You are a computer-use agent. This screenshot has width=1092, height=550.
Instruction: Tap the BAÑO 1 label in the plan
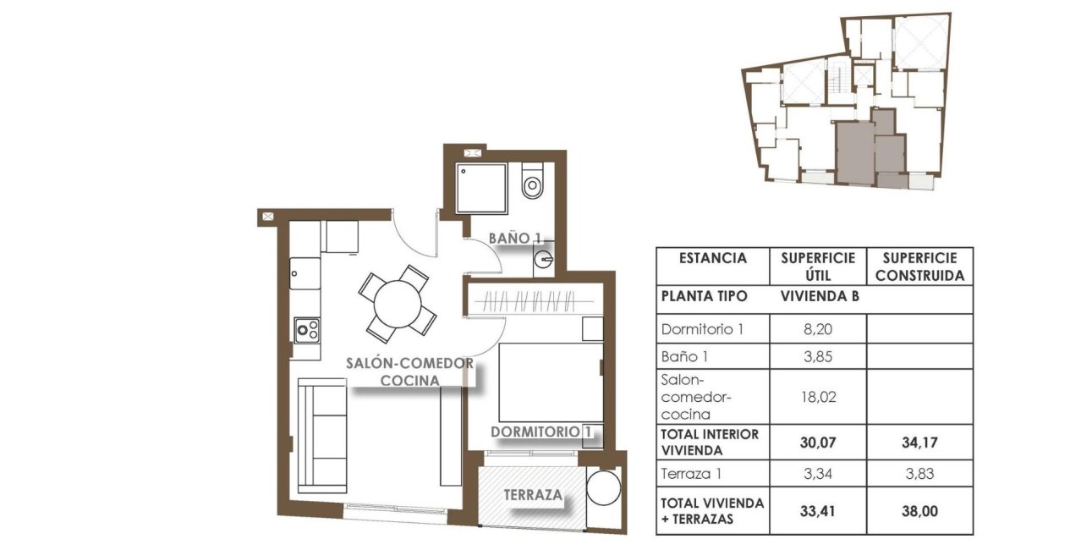point(513,239)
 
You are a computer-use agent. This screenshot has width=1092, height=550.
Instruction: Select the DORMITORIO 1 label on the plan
point(541,432)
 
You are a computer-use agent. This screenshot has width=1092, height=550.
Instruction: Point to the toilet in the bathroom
point(533,182)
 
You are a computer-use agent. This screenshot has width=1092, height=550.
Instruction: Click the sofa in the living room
point(322,435)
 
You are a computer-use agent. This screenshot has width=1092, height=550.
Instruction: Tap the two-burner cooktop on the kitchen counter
point(305,329)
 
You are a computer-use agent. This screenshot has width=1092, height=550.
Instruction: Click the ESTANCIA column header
point(712,259)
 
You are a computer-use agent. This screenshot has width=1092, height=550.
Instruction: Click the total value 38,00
point(919,510)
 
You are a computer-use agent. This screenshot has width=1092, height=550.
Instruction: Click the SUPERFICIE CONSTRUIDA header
point(919,267)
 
